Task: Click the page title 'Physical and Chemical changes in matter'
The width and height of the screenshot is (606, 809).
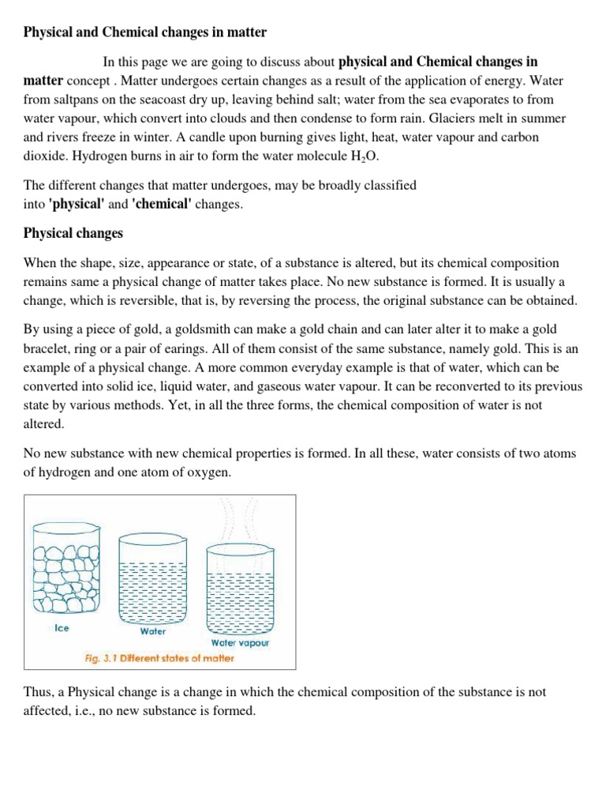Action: [145, 32]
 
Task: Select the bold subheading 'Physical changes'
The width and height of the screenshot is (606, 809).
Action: [73, 233]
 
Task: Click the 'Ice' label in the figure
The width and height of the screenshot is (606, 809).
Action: [62, 629]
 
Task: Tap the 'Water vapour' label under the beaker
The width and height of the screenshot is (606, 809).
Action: [240, 642]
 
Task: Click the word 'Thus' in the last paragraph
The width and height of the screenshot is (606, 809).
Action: [37, 691]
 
